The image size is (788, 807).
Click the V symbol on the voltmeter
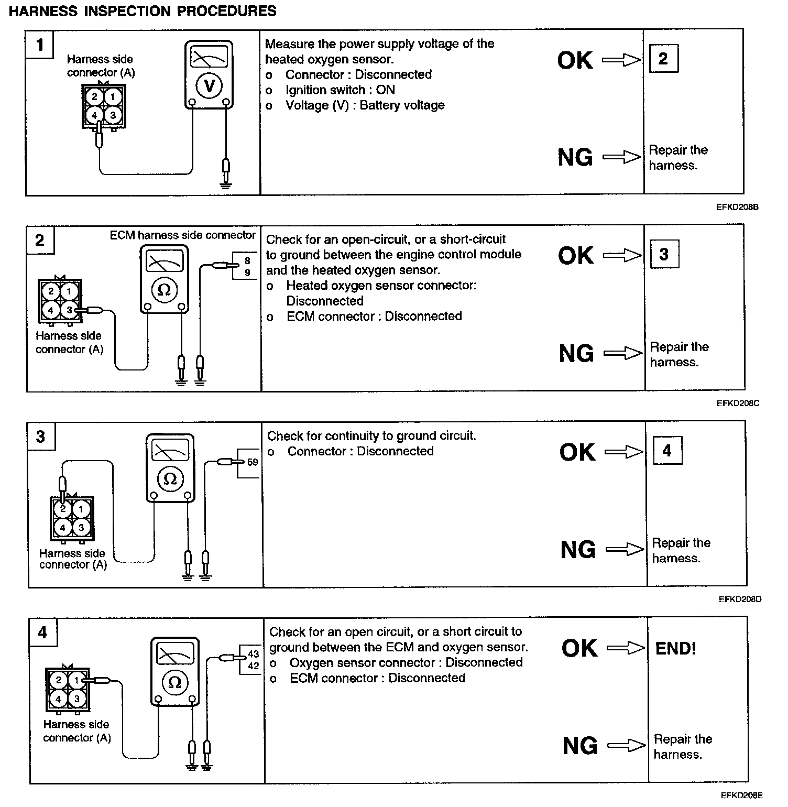tap(209, 86)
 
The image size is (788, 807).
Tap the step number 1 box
tap(40, 45)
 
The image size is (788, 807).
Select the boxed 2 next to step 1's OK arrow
tap(663, 58)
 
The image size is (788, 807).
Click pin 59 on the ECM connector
tap(253, 462)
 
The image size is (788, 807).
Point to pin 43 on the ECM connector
tap(254, 653)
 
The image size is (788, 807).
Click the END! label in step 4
tap(675, 649)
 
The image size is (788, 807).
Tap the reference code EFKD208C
tap(738, 403)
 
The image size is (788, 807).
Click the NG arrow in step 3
tap(625, 549)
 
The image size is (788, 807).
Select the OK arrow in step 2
tap(622, 255)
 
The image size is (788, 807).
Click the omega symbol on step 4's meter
tap(175, 682)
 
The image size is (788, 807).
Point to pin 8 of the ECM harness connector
tap(247, 260)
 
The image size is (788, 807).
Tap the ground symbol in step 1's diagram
tap(226, 183)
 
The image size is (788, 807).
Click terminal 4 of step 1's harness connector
tap(95, 115)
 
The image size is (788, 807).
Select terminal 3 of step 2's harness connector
tap(70, 310)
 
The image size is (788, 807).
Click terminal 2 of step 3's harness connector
tap(63, 508)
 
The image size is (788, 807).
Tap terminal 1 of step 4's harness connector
tap(76, 680)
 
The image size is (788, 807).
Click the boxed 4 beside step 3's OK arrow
tap(667, 451)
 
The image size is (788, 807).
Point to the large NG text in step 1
tap(575, 157)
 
